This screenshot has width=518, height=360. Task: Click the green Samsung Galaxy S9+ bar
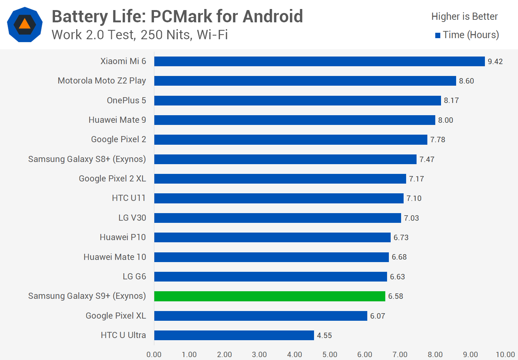click(270, 296)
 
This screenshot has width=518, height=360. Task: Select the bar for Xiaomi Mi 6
click(319, 62)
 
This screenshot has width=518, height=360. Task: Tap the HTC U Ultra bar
click(234, 336)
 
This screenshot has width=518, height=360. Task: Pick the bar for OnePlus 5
click(297, 100)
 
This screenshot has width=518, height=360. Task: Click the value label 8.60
click(467, 81)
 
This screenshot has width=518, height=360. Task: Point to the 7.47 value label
click(427, 159)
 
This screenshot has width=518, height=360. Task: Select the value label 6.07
click(378, 316)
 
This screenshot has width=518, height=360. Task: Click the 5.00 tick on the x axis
click(330, 355)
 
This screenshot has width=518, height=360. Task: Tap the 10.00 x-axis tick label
click(505, 355)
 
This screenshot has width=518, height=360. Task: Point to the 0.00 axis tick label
click(154, 355)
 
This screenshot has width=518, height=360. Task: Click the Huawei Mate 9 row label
click(117, 120)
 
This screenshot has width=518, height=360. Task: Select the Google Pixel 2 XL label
click(112, 179)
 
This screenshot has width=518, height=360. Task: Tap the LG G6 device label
click(134, 276)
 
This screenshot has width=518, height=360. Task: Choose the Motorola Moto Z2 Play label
click(102, 81)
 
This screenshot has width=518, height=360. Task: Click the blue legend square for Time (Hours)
click(438, 35)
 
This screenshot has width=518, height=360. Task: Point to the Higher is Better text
click(464, 17)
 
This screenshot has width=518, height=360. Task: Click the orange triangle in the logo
click(24, 24)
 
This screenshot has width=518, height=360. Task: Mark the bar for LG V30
click(277, 218)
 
